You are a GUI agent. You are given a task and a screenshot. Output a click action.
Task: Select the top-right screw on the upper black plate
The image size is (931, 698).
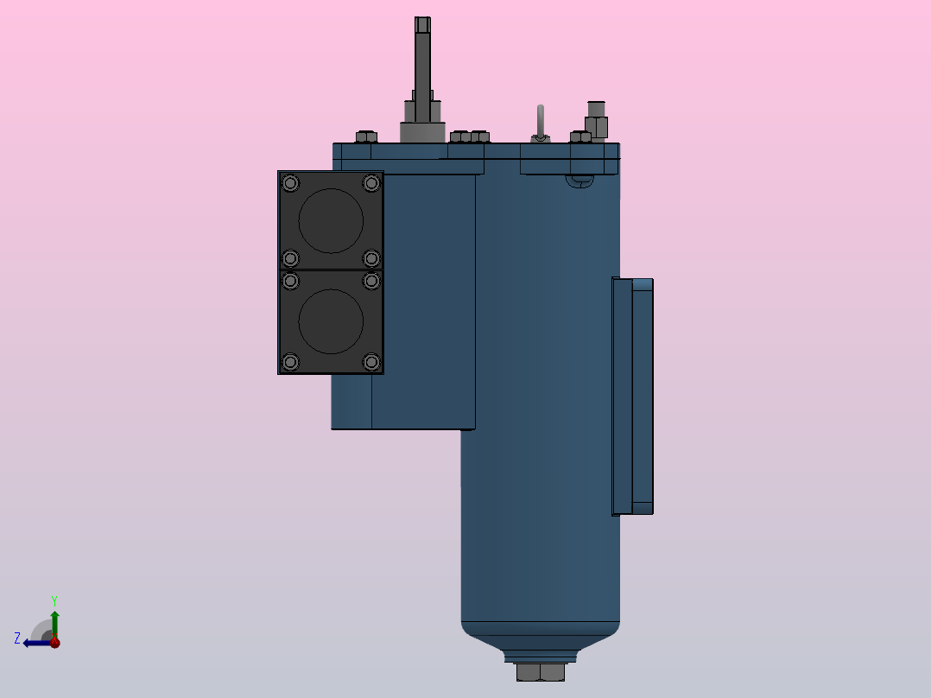click(371, 183)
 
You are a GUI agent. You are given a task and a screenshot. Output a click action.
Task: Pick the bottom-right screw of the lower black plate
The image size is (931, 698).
click(371, 362)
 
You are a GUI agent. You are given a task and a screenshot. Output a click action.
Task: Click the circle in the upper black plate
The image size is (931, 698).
click(331, 220)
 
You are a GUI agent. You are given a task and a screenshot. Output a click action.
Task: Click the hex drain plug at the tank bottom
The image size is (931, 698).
click(540, 672)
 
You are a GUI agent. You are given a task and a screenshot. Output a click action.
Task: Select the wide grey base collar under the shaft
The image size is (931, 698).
click(422, 132)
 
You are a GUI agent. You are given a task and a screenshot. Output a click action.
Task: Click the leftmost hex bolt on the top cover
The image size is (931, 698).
click(366, 136)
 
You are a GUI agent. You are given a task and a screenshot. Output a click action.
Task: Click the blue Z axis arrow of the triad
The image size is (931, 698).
click(35, 643)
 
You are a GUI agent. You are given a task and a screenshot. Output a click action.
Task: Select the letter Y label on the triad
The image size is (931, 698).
click(54, 600)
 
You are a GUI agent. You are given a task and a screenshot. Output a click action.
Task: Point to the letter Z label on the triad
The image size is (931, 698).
click(17, 638)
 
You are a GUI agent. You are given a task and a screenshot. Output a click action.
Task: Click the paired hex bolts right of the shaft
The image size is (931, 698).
click(470, 136)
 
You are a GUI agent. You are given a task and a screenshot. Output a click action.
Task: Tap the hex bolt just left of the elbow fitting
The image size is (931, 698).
click(579, 136)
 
